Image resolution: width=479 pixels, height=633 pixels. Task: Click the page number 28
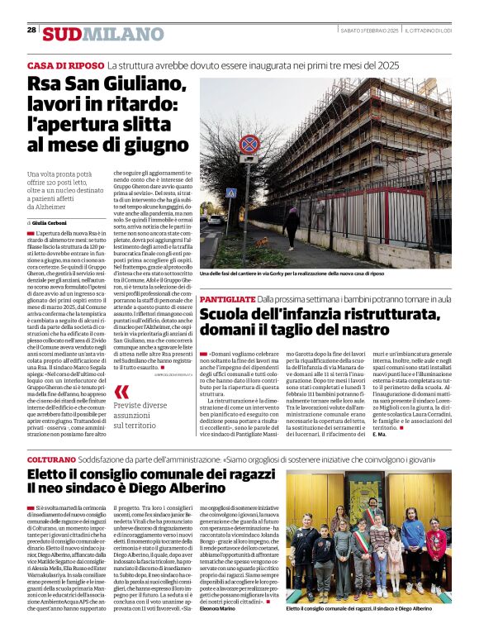31,30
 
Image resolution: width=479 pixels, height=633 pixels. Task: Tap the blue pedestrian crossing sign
231,193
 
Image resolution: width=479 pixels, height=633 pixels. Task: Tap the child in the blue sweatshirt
411,537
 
